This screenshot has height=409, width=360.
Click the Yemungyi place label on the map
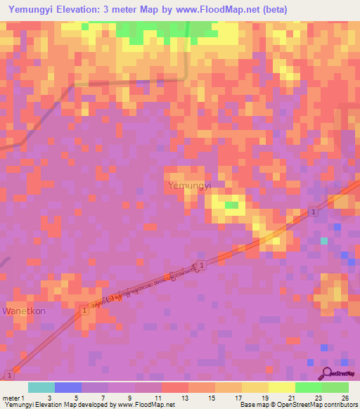(190, 186)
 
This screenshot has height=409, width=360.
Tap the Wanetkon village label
(25, 310)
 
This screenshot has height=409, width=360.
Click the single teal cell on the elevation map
(324, 241)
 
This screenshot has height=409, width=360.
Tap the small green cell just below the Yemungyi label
(231, 205)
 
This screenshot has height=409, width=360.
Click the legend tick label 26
(345, 398)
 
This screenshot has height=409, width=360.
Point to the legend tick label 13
(186, 398)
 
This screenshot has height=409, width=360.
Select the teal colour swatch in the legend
(41, 387)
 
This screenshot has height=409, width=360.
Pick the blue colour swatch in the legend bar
(68, 387)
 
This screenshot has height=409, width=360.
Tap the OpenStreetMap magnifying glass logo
(327, 372)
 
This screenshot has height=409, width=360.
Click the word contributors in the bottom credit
(340, 405)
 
